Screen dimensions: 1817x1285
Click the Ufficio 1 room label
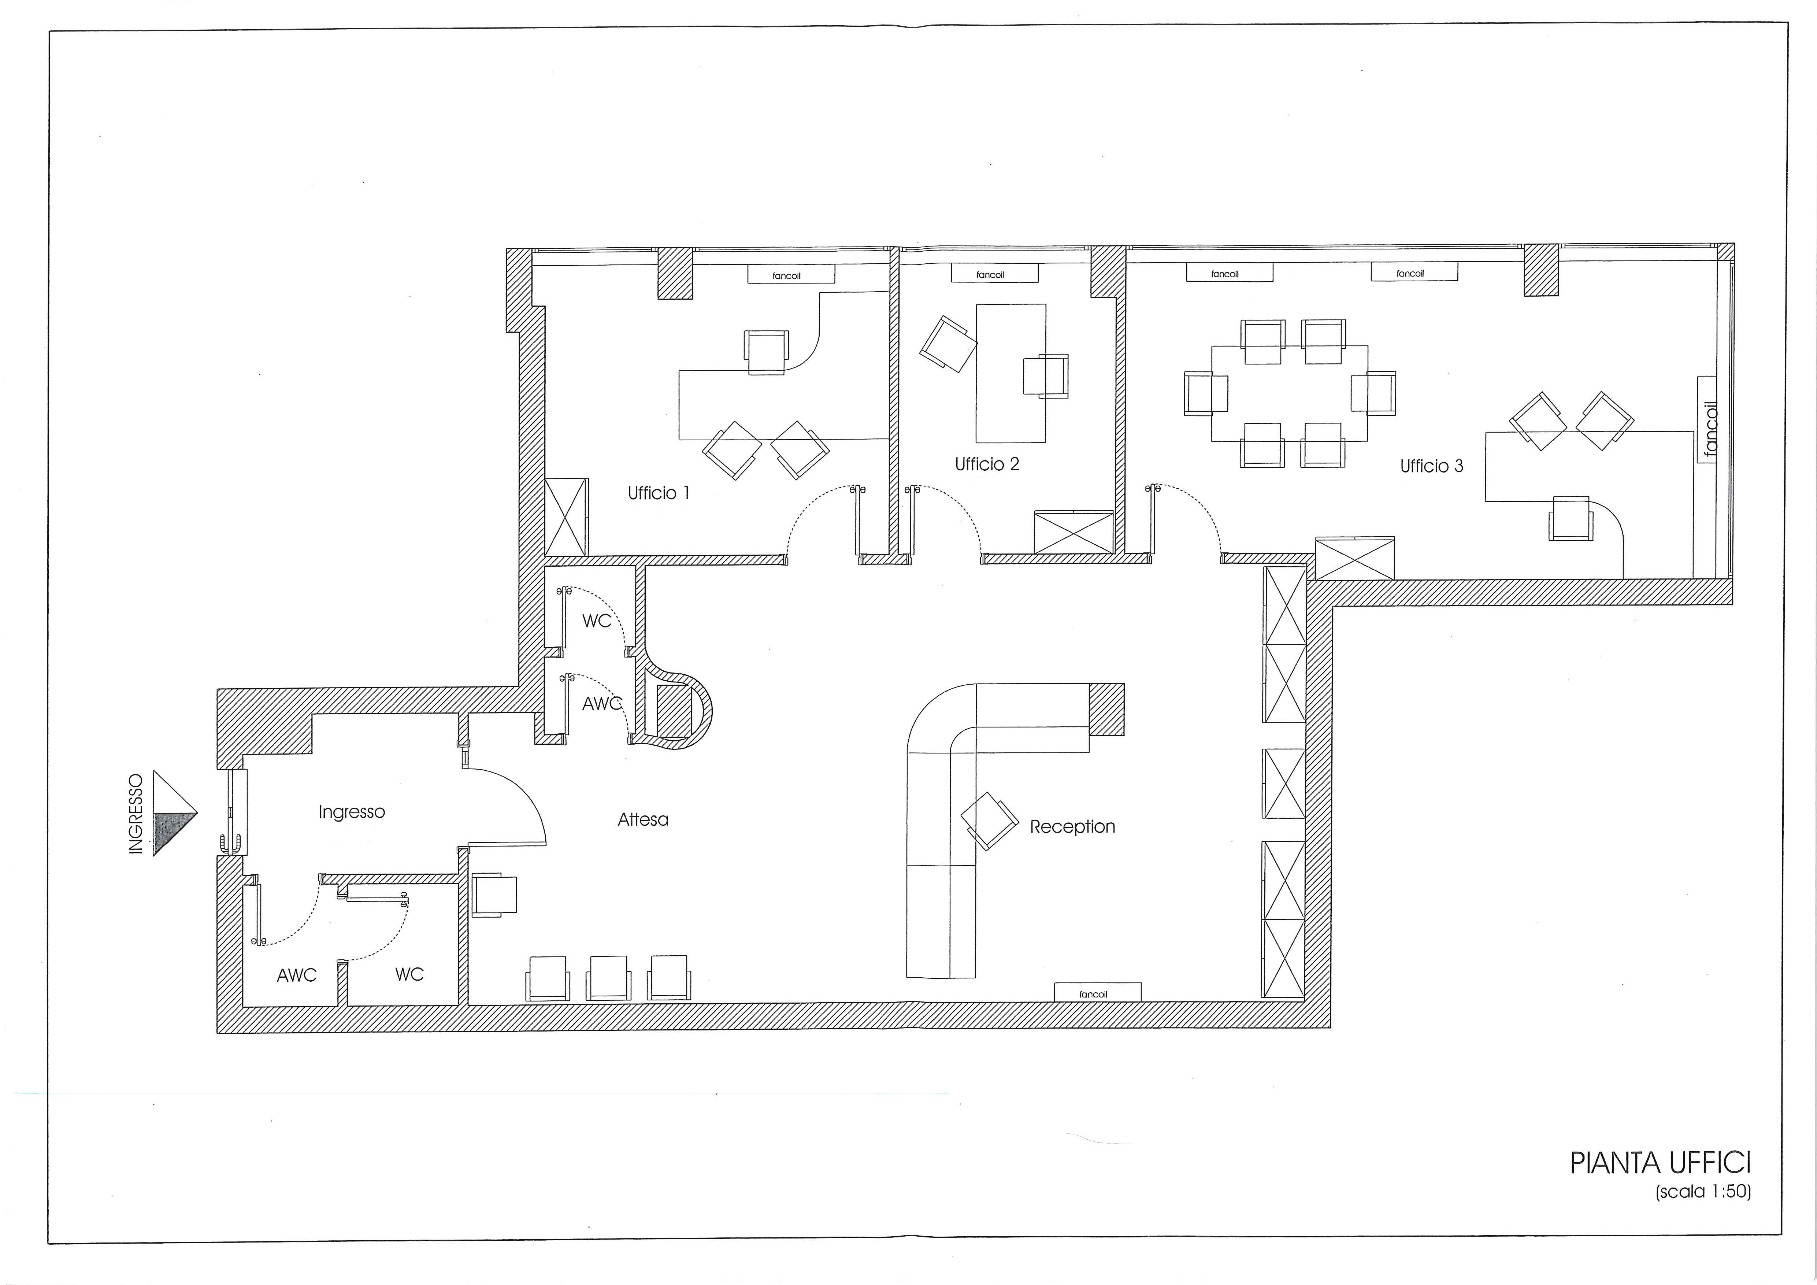pos(659,493)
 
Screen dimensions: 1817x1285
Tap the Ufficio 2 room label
pos(987,464)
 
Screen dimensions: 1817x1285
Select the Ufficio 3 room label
pos(1432,466)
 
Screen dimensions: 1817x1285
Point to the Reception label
pos(1072,827)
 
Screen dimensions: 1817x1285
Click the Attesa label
pos(642,820)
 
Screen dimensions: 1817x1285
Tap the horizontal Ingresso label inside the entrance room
pos(351,812)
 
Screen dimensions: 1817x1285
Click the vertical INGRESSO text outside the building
pos(136,814)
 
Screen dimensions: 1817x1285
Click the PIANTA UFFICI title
pos(1660,1163)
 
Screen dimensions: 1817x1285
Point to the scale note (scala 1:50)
pos(1703,1192)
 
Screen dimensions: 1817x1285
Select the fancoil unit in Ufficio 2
pos(994,274)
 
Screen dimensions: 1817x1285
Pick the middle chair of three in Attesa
pos(609,978)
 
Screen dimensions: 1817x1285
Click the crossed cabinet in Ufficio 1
pos(567,517)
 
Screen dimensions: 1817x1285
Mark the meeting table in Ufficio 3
pos(1289,393)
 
